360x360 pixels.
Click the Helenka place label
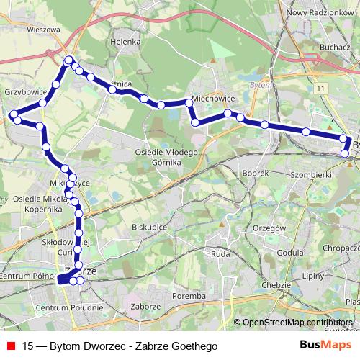(125, 42)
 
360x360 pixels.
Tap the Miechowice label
(210, 100)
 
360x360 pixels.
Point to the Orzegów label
(270, 228)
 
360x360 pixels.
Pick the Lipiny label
(312, 275)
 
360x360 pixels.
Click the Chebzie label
(276, 285)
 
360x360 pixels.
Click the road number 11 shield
(319, 87)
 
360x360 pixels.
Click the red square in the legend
(11, 346)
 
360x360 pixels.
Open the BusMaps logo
(320, 346)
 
